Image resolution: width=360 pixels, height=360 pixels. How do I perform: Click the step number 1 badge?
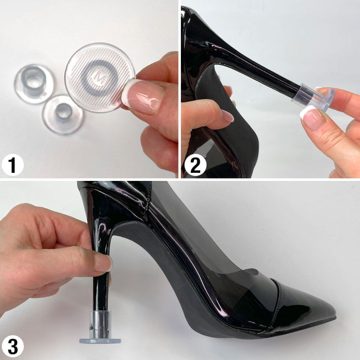tap(13, 165)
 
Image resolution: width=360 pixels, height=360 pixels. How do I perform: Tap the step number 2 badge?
tap(195, 165)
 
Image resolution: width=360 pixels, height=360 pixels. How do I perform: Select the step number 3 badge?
tap(13, 346)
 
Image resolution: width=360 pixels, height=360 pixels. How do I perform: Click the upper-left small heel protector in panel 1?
tap(34, 84)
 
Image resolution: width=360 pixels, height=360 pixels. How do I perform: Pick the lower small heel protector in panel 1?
tap(63, 115)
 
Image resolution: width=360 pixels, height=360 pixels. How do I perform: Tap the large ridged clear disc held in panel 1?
tap(99, 77)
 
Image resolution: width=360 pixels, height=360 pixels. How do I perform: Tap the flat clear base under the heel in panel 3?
tap(100, 341)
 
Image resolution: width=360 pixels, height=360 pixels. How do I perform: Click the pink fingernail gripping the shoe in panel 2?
tap(227, 116)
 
